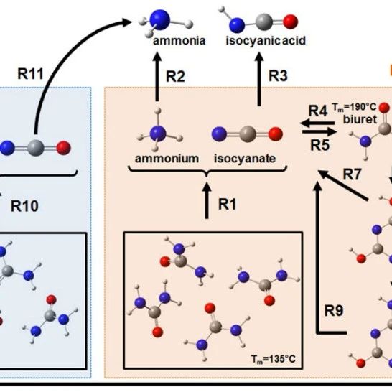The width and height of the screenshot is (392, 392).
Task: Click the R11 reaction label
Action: [30, 74]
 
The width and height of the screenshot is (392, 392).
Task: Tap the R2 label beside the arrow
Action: [175, 76]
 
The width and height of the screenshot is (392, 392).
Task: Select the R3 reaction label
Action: [278, 75]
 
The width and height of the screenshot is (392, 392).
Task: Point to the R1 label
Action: [228, 204]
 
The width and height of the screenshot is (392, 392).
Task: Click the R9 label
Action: [334, 310]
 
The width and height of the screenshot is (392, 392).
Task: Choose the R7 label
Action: [352, 174]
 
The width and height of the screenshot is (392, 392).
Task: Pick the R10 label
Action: [24, 206]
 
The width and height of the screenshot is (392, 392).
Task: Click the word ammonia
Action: [179, 40]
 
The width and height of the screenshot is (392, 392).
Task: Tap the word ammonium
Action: [167, 159]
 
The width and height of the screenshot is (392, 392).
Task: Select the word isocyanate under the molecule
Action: [245, 159]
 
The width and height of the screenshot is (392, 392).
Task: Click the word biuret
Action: [360, 119]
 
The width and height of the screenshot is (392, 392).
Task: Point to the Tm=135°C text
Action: [274, 359]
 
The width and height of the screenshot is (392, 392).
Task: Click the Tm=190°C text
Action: [354, 107]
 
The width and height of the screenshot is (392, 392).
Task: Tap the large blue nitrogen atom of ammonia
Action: [160, 19]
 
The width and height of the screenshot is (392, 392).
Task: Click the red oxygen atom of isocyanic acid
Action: [290, 22]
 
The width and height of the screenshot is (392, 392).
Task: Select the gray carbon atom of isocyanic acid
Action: [264, 22]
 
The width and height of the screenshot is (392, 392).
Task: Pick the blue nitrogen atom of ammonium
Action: [158, 134]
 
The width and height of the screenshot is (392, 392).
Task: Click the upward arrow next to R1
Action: [207, 200]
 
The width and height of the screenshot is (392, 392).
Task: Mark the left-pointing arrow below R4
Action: [317, 123]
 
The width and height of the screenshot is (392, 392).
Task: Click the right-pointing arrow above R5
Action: [319, 132]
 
